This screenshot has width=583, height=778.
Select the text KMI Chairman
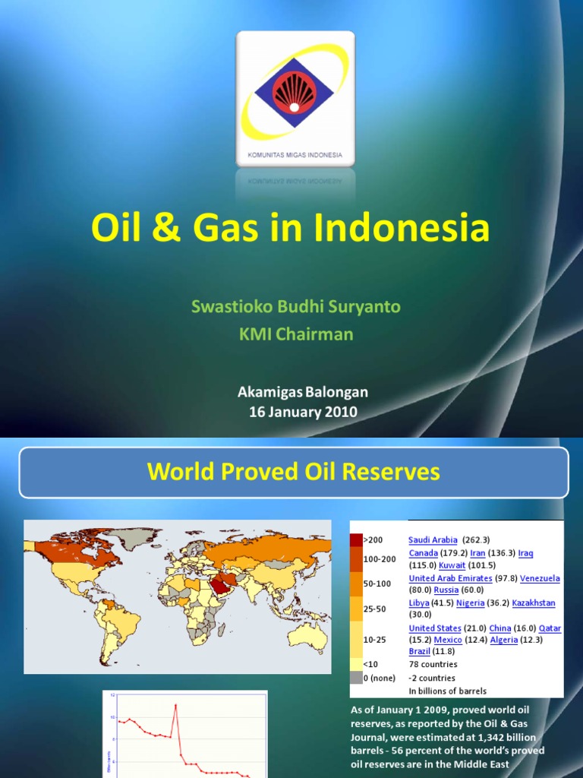point(295,334)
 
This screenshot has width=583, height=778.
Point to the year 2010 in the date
point(341,412)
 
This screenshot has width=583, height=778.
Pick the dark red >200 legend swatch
point(356,540)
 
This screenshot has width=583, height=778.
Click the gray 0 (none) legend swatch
point(356,678)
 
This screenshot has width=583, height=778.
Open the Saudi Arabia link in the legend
point(433,539)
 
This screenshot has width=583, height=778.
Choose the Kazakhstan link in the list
point(533,602)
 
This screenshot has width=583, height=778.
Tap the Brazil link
point(419,651)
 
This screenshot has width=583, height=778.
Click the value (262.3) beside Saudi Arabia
point(476,539)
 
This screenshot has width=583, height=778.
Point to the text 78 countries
point(433,664)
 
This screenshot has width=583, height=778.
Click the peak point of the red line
point(175,705)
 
